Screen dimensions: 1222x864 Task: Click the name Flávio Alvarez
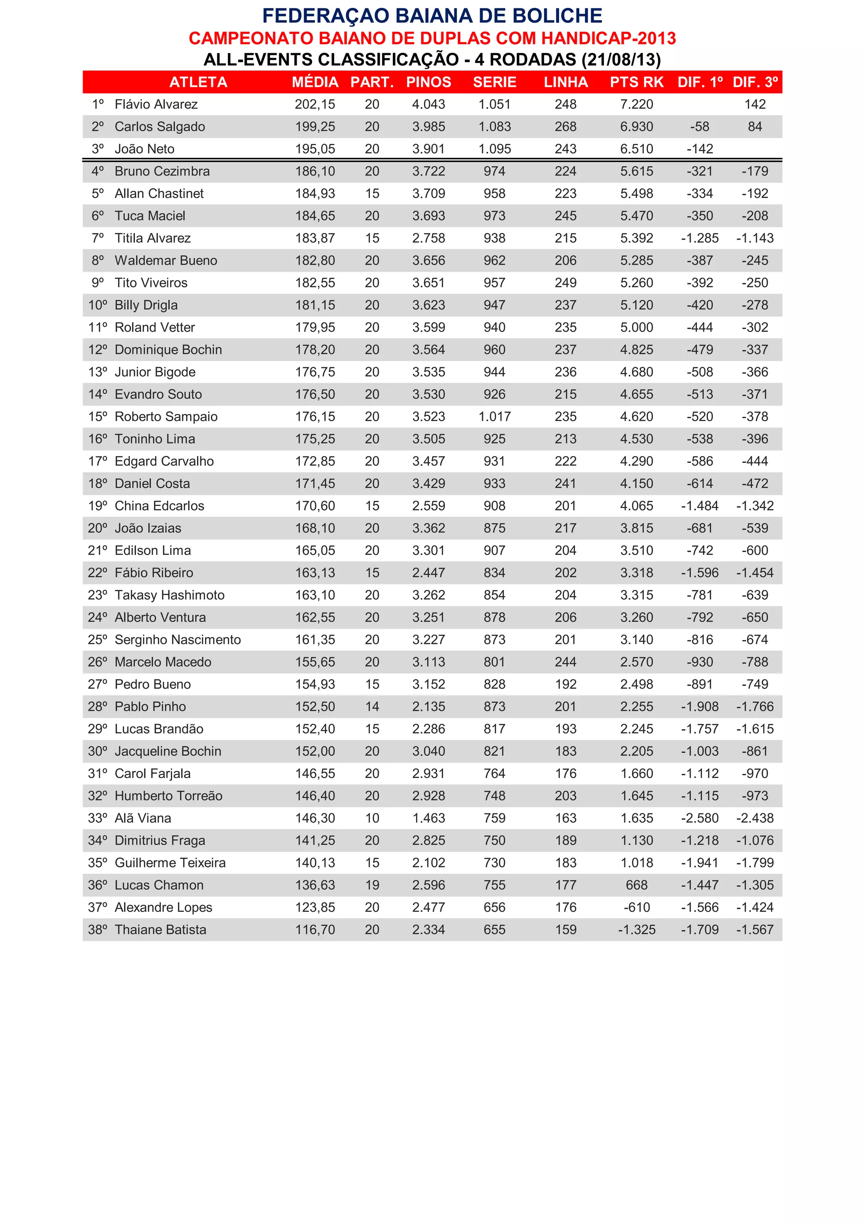click(156, 104)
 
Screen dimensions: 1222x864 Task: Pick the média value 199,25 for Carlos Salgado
click(315, 127)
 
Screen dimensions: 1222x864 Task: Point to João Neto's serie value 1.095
click(494, 149)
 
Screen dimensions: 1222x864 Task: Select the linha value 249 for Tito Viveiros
click(566, 283)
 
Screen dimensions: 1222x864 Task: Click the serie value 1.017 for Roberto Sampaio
click(494, 417)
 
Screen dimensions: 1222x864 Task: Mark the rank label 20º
click(97, 528)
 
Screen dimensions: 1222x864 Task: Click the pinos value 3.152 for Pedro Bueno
click(428, 684)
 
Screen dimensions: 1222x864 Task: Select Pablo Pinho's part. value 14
click(372, 707)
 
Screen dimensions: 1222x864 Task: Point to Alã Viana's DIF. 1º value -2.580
click(699, 818)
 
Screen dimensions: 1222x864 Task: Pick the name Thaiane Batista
click(160, 930)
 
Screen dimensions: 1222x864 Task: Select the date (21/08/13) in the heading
click(621, 59)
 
